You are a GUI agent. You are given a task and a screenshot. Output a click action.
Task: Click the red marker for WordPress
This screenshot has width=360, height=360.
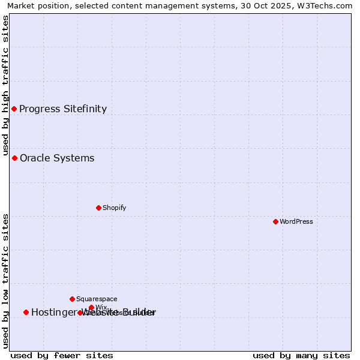click(275, 221)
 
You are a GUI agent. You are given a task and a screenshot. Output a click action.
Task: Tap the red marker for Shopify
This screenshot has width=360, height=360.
click(98, 208)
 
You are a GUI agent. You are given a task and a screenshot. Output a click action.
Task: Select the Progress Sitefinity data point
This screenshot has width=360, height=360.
click(14, 109)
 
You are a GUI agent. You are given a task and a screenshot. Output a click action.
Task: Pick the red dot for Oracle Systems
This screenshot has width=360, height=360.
click(14, 158)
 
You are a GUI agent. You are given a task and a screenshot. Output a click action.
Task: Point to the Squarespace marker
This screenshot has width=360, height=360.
click(72, 299)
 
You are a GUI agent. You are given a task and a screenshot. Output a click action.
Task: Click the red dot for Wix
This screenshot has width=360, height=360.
click(91, 307)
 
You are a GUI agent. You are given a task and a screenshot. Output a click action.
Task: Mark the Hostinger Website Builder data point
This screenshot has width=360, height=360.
click(26, 312)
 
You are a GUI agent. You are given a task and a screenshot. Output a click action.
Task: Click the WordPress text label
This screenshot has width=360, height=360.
click(296, 221)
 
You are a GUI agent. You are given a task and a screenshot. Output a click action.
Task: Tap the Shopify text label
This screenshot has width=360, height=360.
click(114, 208)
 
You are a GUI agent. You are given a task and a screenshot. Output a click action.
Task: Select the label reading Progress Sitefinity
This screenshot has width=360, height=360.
click(63, 109)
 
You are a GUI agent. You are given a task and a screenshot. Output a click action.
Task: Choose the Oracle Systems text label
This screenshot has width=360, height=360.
click(57, 158)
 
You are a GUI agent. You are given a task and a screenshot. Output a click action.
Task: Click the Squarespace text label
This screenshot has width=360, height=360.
click(97, 299)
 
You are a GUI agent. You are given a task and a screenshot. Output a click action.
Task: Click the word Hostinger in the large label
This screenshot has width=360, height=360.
click(52, 312)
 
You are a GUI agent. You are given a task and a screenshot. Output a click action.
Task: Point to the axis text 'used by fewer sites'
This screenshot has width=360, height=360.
click(62, 355)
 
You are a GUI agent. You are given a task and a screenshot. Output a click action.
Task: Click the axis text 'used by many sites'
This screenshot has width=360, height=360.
click(301, 355)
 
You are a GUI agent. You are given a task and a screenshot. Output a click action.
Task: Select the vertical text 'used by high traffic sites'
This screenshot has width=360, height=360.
click(6, 86)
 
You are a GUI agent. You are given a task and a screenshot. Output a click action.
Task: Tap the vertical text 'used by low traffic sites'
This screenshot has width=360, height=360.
click(6, 280)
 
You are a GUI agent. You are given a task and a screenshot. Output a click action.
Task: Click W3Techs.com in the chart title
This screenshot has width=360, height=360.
click(327, 6)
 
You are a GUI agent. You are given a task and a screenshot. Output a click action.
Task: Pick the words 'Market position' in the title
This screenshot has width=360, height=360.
click(35, 6)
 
